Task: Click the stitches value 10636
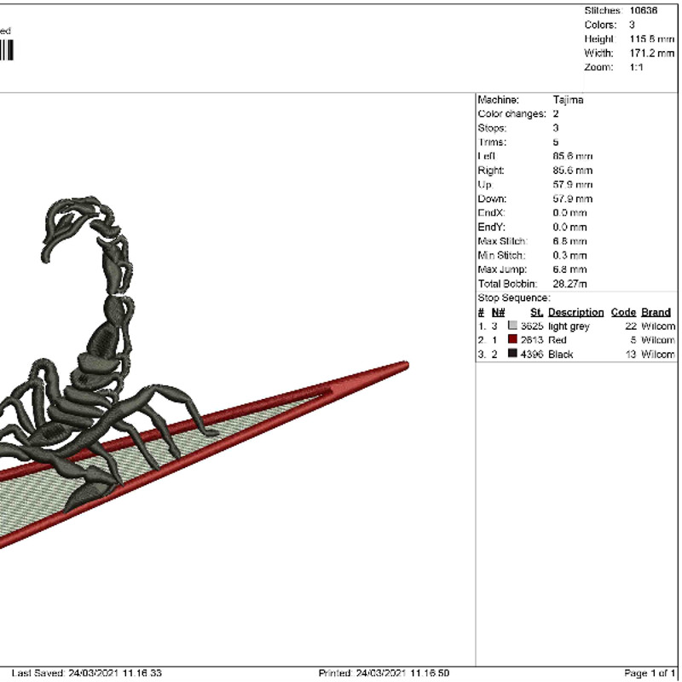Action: point(644,10)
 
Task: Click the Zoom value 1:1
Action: point(636,67)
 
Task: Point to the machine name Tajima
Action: point(568,100)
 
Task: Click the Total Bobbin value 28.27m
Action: point(570,283)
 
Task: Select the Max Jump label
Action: point(502,269)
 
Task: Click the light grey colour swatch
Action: point(512,326)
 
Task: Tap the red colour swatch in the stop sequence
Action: point(512,339)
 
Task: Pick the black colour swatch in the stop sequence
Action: point(512,354)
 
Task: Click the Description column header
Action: point(575,312)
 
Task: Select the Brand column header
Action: point(656,312)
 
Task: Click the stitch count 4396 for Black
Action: point(531,354)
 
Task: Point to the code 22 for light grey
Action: point(631,326)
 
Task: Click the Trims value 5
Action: point(556,142)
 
